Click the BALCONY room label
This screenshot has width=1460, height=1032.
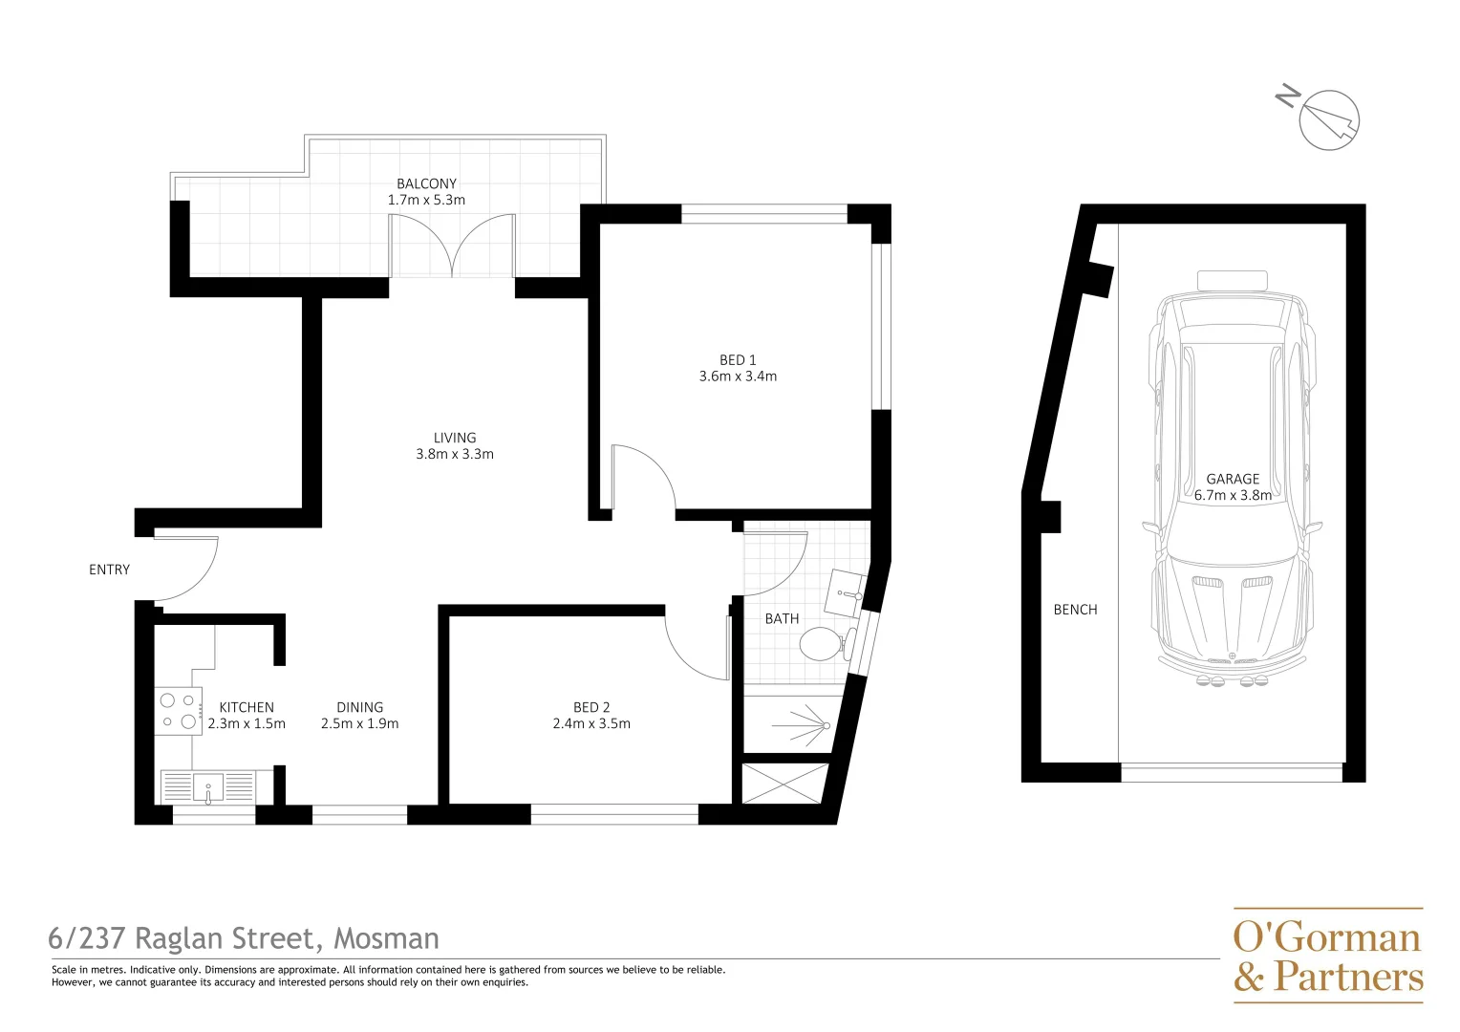[426, 183]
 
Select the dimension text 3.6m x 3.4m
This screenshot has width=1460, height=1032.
[738, 376]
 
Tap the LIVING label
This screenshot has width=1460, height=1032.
[455, 438]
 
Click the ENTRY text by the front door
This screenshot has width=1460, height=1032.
[109, 570]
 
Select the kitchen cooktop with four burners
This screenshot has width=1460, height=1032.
[179, 711]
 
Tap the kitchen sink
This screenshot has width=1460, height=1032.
[208, 788]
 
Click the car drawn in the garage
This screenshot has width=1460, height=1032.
[1233, 478]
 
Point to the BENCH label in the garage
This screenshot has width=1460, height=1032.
[1075, 610]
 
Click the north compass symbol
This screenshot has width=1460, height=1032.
[1328, 120]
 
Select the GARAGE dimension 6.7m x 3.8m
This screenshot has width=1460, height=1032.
[1233, 496]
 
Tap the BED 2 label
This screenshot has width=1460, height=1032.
[591, 707]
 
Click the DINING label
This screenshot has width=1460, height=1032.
[359, 707]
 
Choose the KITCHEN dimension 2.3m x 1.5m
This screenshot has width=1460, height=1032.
[247, 724]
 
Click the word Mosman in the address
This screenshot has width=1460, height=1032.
[386, 938]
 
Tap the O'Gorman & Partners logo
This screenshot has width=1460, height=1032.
[1328, 956]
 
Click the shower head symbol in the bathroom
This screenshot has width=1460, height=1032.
[824, 725]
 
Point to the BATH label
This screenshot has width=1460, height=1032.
[782, 619]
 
